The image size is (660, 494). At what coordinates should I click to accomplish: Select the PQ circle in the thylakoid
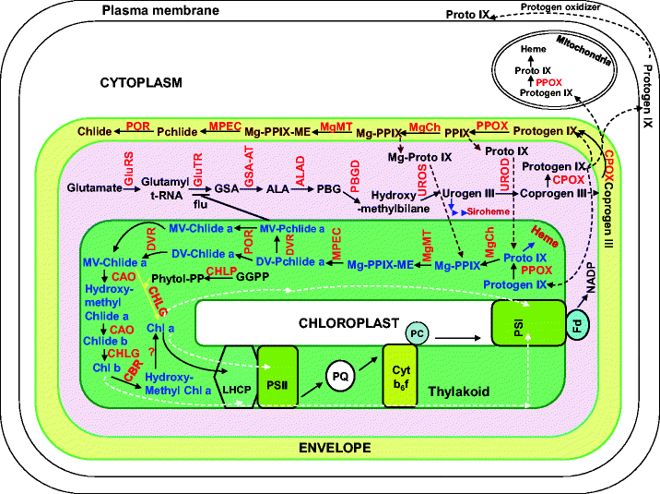pyautogui.click(x=338, y=375)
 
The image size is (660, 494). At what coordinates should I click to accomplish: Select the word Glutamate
pyautogui.click(x=94, y=188)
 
